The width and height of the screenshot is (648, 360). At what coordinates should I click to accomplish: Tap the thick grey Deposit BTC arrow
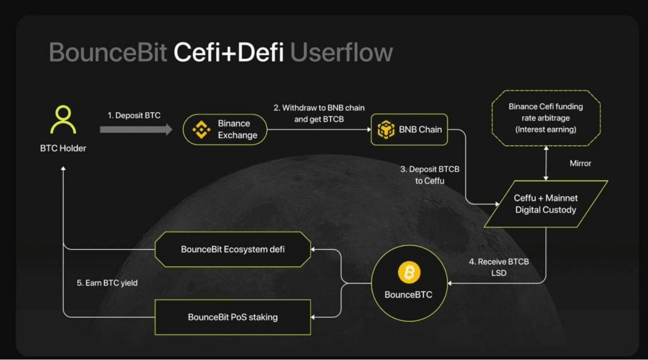136,130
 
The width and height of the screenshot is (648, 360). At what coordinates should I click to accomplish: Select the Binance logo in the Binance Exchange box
200,129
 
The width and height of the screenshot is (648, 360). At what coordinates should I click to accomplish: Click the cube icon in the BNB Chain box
385,129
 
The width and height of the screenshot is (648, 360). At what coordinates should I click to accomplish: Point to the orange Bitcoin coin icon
409,274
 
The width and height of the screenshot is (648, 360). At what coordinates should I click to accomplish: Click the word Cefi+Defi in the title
229,53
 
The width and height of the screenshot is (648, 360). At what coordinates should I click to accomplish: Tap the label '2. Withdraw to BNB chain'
319,108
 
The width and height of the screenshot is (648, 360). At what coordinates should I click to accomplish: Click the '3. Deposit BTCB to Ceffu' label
430,175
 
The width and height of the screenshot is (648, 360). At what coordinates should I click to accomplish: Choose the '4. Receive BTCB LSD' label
499,268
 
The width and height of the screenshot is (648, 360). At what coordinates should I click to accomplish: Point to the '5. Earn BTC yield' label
107,283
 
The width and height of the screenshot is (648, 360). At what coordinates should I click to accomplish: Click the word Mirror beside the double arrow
580,163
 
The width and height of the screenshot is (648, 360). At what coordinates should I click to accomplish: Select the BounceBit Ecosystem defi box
233,249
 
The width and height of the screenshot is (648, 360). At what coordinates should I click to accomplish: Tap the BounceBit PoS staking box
233,317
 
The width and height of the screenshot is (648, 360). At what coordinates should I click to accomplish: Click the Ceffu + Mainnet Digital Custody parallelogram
545,204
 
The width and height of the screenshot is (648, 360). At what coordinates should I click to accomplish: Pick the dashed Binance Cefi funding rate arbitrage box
545,118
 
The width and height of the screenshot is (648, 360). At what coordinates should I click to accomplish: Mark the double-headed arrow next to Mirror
545,163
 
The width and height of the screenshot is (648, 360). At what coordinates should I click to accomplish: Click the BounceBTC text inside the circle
409,295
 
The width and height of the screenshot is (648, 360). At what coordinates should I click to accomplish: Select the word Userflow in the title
341,53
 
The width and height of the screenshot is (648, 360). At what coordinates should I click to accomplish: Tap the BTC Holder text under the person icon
63,148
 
